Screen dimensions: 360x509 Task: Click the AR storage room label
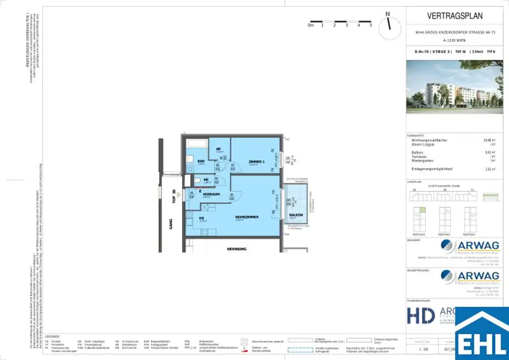(x=218, y=148)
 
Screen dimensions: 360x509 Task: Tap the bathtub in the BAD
(x=196, y=143)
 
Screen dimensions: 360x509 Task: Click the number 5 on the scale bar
(x=371, y=24)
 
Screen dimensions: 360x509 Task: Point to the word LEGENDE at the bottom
(x=52, y=337)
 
